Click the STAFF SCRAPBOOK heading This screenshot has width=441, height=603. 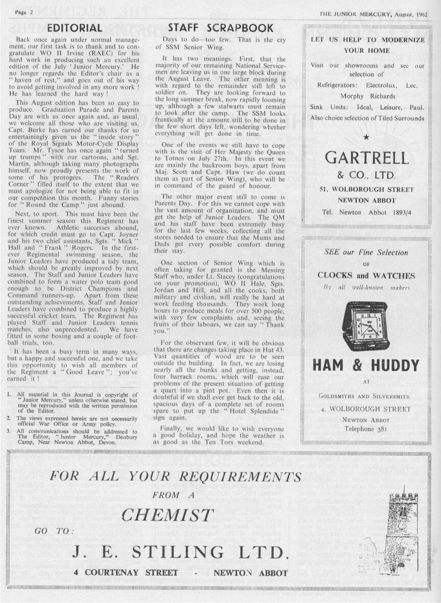point(221,28)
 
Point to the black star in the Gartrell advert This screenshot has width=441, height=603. point(365,136)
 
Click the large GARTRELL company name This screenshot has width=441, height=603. point(366,158)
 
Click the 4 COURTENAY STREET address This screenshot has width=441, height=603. point(126,572)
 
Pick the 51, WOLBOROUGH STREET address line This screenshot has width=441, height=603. point(366,190)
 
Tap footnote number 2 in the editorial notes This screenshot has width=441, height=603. point(10,417)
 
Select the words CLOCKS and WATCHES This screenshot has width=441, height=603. point(366,275)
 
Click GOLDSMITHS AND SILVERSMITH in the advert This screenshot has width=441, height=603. point(366,395)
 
